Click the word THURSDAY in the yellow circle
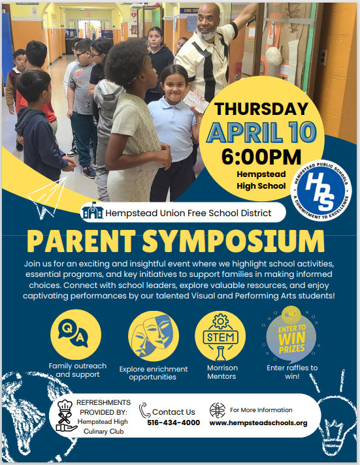coord(261,108)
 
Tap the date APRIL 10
coord(261,132)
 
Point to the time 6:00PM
coord(261,157)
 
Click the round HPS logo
coord(321,191)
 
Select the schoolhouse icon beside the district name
coord(93,211)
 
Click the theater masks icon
coord(154,336)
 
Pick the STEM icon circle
coord(220,336)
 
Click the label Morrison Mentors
coord(222,372)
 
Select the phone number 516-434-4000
coord(173,423)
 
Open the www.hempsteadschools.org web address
coord(258,423)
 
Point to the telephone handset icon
coord(144,410)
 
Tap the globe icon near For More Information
coord(218,410)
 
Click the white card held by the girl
coord(195,102)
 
